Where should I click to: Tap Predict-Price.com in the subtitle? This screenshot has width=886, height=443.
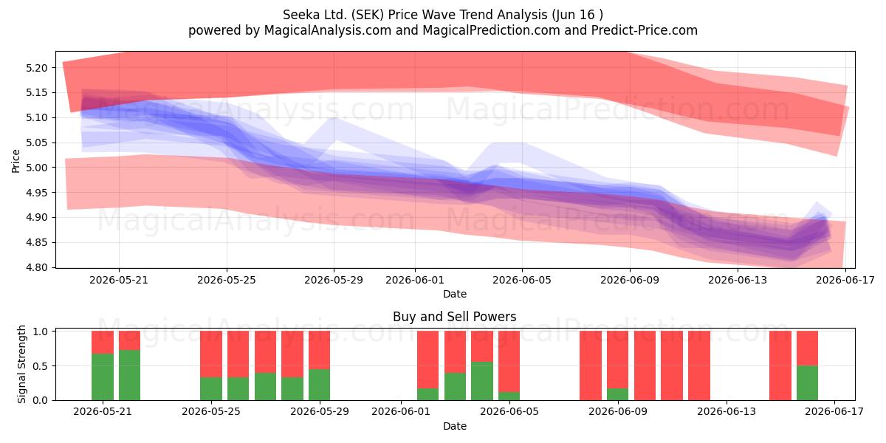coord(644,30)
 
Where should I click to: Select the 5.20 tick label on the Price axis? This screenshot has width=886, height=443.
coord(36,68)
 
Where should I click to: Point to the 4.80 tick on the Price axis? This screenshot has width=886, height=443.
coord(36,267)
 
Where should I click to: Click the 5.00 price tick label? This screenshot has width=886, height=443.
coord(36,168)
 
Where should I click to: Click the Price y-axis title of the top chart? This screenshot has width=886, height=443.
coord(16,161)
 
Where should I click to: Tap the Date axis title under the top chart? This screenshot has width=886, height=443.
coord(455,294)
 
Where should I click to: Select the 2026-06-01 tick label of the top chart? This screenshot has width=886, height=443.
coord(415,280)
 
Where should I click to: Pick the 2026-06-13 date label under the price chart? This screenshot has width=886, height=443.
coord(738,280)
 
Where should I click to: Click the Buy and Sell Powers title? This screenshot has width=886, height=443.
coord(455,317)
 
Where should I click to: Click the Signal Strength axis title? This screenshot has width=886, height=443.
coord(21,364)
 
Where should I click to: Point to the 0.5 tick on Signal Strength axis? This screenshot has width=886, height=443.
coord(40,366)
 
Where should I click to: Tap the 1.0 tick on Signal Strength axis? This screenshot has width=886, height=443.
coord(40,332)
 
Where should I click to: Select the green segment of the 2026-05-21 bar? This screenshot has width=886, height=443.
coord(103,377)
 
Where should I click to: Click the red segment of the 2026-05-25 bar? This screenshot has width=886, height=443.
coord(211,354)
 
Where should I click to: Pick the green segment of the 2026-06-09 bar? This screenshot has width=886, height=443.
coord(617,394)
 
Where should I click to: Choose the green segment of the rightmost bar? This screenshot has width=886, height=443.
coord(807,383)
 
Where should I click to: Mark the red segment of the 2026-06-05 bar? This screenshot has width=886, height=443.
coord(509,362)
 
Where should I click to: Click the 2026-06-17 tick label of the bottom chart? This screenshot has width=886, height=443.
coord(834,412)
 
